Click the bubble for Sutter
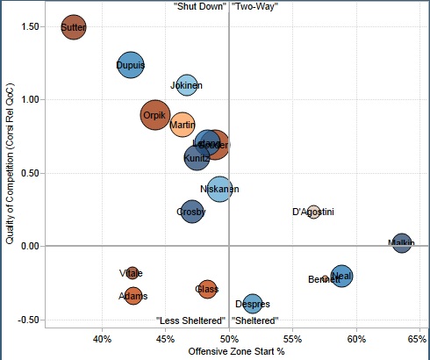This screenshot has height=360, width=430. (74, 28)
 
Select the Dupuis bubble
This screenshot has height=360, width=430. (131, 65)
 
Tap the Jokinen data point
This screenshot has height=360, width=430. (187, 85)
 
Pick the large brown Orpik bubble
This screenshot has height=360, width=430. (155, 115)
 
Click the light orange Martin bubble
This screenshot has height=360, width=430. (183, 125)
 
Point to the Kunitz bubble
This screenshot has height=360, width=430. (197, 158)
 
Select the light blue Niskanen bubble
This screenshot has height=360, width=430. (219, 188)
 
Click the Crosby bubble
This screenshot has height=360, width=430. (192, 212)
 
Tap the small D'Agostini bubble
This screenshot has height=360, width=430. (313, 212)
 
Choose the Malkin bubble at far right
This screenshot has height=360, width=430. (402, 243)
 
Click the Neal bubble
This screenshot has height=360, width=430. (341, 276)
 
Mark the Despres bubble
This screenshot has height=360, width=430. (253, 304)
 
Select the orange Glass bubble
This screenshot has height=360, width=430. (207, 288)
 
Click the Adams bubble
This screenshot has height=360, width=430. (133, 296)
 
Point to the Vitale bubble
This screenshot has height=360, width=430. (133, 273)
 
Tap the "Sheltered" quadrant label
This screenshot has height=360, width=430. (254, 320)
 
